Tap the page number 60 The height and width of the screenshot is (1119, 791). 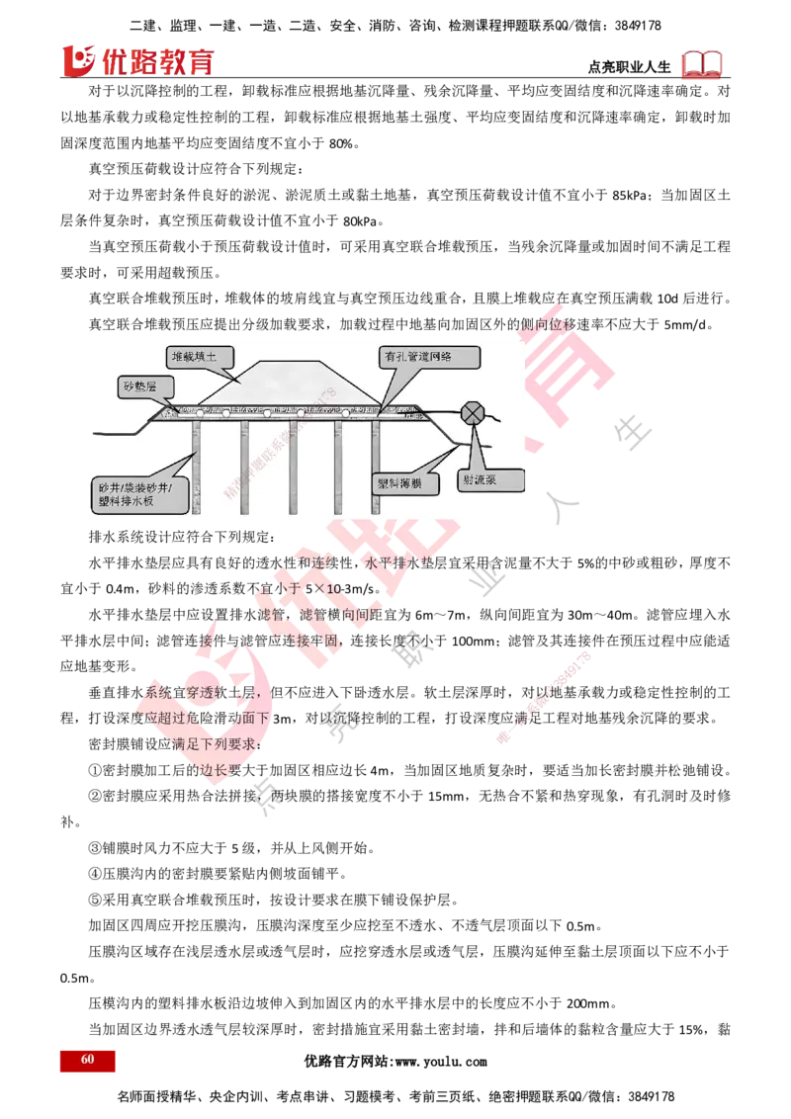click(x=87, y=1060)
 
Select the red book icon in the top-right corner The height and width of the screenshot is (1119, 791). click(x=702, y=64)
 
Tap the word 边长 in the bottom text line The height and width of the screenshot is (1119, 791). click(x=221, y=766)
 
